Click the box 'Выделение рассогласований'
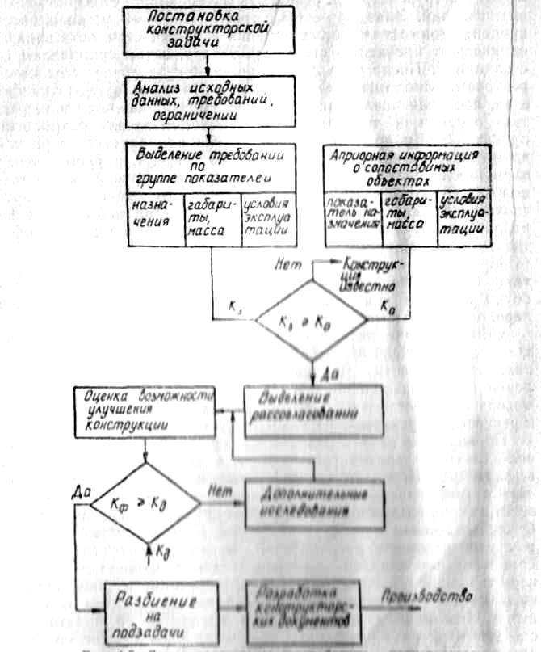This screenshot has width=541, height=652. pyautogui.click(x=310, y=410)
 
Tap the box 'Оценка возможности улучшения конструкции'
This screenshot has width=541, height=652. pyautogui.click(x=145, y=411)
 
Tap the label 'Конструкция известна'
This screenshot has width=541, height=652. pyautogui.click(x=372, y=275)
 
